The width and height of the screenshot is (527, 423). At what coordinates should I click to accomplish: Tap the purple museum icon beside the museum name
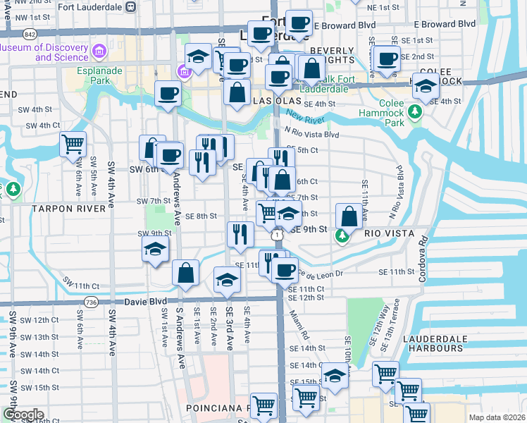click(99, 52)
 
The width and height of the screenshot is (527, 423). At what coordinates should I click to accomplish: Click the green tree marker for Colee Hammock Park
click(416, 111)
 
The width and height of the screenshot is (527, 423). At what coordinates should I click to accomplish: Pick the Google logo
click(23, 414)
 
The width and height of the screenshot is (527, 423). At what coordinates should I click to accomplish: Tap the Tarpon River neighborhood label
click(73, 209)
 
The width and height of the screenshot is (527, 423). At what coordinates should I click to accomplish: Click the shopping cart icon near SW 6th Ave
click(73, 145)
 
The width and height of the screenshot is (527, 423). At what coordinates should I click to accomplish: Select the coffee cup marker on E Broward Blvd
click(299, 23)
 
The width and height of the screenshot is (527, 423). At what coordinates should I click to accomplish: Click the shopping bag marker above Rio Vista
click(349, 216)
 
